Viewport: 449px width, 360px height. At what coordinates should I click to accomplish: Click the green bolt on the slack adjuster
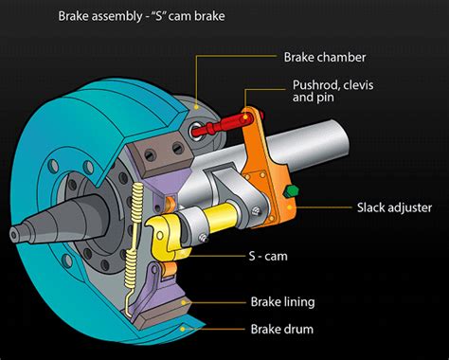(291, 191)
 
